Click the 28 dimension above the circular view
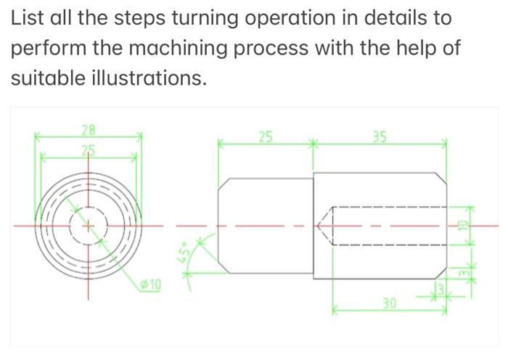(x=89, y=131)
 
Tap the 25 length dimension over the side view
(x=266, y=136)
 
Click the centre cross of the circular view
(x=89, y=226)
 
